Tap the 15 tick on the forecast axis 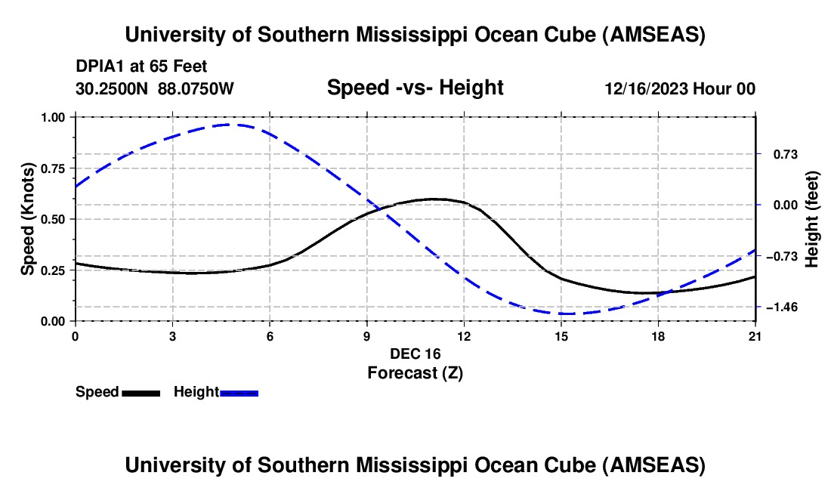[x=561, y=336]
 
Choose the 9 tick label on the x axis [x=366, y=336]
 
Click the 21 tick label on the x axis [x=755, y=336]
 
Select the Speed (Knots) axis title [x=28, y=219]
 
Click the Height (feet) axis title [x=812, y=219]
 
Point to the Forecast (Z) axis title [x=415, y=372]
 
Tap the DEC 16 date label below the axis [x=415, y=354]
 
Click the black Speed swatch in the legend [x=141, y=392]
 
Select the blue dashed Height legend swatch [x=239, y=392]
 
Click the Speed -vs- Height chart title [x=415, y=88]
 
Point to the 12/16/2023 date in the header [x=646, y=88]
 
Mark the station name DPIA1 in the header [x=100, y=66]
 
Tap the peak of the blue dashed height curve [x=230, y=125]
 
